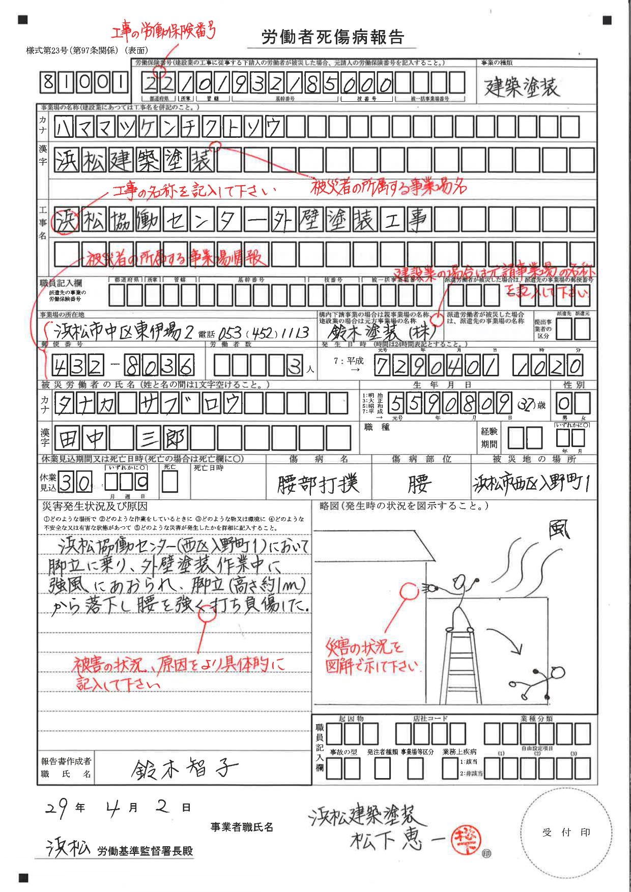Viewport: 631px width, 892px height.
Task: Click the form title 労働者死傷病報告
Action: [x=333, y=37]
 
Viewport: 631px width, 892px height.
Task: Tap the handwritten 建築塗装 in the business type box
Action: [x=522, y=87]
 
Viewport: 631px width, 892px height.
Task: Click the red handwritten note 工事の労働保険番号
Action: [x=163, y=32]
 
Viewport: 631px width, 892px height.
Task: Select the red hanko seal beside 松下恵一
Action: [x=465, y=839]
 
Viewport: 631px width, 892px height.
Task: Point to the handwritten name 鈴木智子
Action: [x=184, y=769]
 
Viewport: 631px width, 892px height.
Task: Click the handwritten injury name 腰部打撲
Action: [x=318, y=484]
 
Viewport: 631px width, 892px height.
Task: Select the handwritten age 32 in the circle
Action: [x=526, y=405]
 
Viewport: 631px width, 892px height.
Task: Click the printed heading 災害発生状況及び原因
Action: [x=95, y=507]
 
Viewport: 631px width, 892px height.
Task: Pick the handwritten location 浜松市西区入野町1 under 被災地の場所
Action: [x=531, y=484]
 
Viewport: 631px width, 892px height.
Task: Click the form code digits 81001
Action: [x=84, y=82]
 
